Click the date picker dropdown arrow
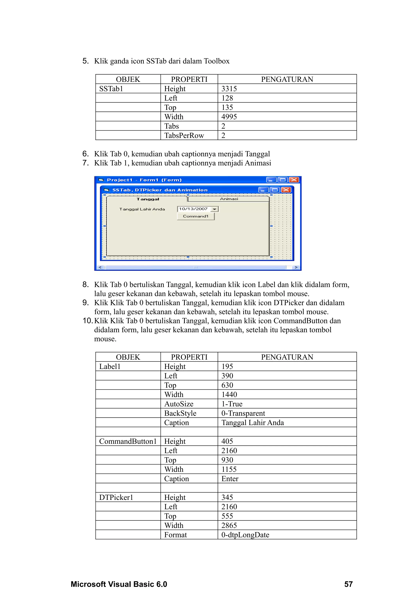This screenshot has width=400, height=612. (x=214, y=209)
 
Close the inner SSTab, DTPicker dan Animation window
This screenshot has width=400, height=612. (x=286, y=190)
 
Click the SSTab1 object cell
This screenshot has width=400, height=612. (x=111, y=89)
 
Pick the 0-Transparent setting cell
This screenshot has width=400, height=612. (x=243, y=413)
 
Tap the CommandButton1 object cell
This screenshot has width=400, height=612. (x=128, y=441)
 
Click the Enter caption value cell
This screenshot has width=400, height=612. (x=230, y=479)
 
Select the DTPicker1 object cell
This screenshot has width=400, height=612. (x=116, y=497)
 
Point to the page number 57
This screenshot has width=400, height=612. (x=348, y=584)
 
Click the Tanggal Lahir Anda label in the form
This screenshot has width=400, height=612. (x=142, y=209)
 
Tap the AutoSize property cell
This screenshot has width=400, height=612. (x=179, y=404)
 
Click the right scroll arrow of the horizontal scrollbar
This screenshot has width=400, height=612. (x=296, y=268)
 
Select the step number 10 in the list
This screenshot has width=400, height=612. (x=87, y=321)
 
